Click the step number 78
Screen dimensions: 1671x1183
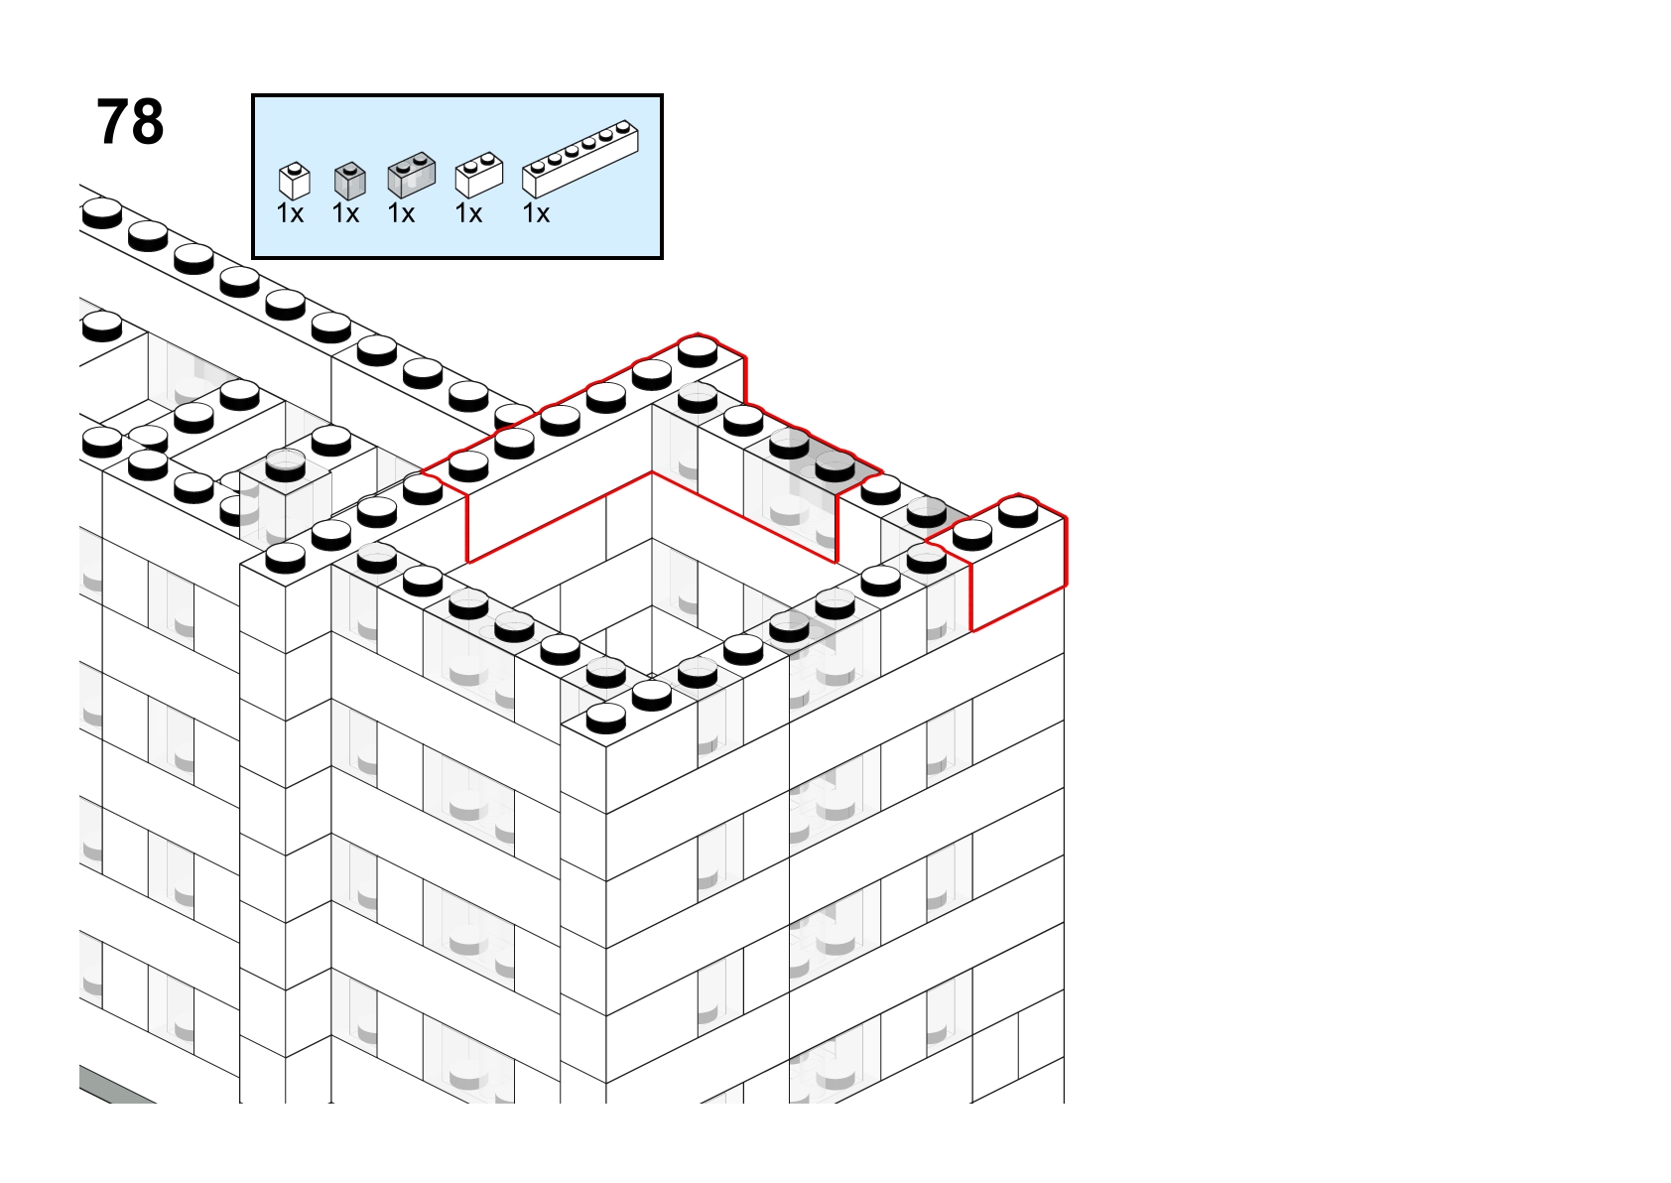point(130,122)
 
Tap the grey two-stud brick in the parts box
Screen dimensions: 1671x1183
point(411,176)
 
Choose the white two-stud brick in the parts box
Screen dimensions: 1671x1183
point(479,176)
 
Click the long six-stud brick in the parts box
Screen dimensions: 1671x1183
point(580,159)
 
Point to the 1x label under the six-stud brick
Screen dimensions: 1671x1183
point(536,214)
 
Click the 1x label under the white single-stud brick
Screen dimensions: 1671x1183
point(290,214)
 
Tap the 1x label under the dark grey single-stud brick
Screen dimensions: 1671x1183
point(345,214)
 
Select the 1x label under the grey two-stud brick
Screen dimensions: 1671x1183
point(401,214)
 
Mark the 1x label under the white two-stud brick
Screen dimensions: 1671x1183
point(468,214)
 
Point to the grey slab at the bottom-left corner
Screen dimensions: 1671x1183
point(116,1086)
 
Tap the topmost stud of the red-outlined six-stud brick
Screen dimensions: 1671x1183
point(698,351)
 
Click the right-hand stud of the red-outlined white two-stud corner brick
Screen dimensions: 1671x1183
point(1018,512)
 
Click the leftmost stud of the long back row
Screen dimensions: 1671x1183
point(102,213)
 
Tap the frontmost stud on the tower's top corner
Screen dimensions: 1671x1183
point(605,719)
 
